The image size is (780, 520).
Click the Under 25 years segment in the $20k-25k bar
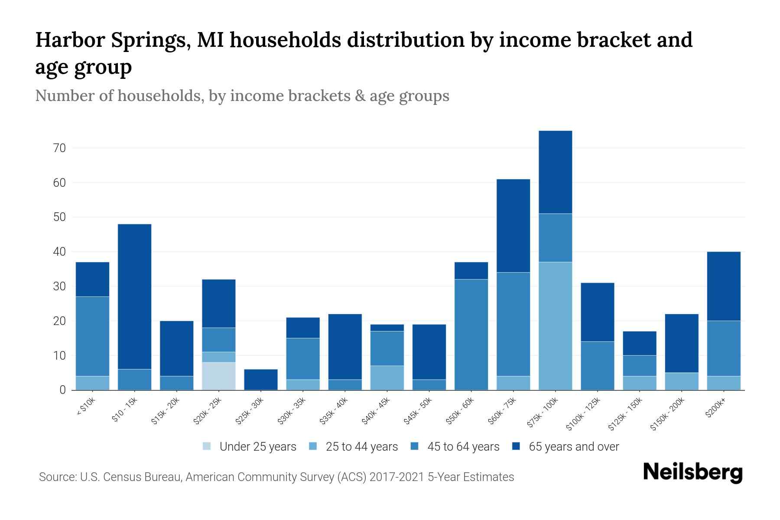[x=218, y=376]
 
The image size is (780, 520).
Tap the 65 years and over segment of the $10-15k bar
[x=134, y=296]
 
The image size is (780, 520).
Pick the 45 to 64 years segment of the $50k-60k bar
[x=471, y=335]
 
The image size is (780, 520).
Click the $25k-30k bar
[x=260, y=380]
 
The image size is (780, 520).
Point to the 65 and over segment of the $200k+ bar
[x=723, y=286]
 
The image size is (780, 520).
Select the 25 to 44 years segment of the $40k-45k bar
[x=387, y=378]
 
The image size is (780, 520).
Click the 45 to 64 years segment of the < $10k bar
[x=92, y=336]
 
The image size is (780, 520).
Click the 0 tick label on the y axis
[x=62, y=390]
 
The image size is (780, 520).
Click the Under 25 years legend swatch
[x=207, y=446]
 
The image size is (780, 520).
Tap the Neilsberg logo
[x=692, y=472]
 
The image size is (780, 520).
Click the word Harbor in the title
[x=69, y=40]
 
